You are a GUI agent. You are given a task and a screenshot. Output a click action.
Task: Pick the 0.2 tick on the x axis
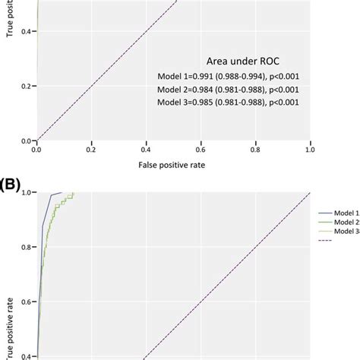91,150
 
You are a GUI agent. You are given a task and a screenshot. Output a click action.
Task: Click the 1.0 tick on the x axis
310,150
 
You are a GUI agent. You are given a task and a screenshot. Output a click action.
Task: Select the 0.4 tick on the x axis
146,150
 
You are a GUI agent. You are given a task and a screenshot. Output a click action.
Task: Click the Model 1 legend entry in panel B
346,215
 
